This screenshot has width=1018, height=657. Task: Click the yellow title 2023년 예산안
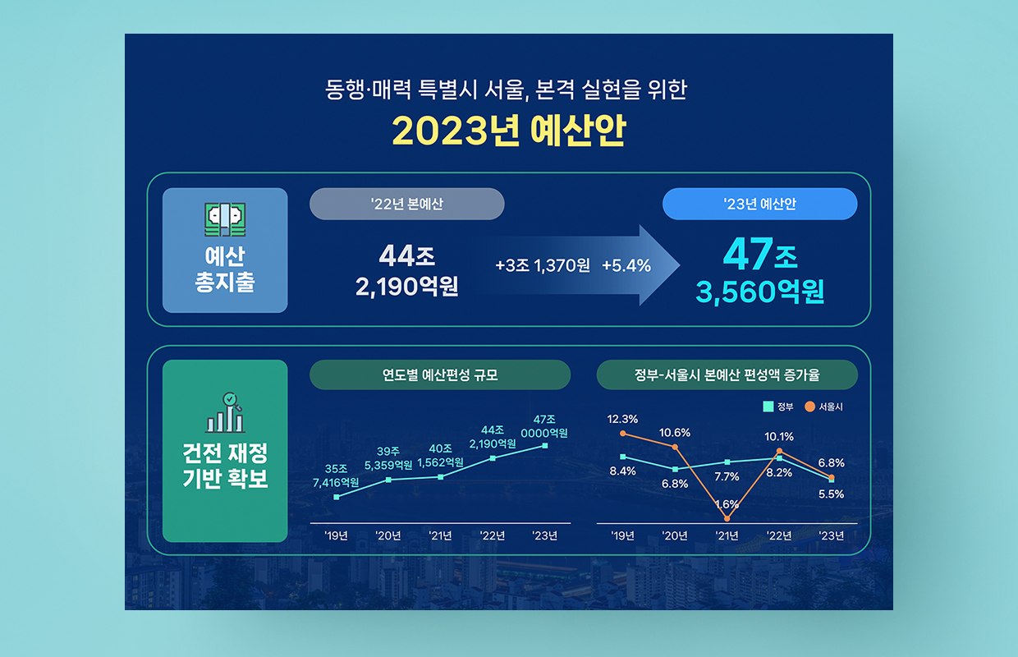pyautogui.click(x=509, y=131)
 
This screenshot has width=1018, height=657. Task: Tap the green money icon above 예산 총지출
pyautogui.click(x=225, y=219)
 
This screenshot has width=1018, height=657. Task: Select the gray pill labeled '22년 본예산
pyautogui.click(x=406, y=204)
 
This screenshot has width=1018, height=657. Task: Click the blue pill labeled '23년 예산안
pyautogui.click(x=760, y=204)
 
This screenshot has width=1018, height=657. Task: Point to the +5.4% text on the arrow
pyautogui.click(x=626, y=265)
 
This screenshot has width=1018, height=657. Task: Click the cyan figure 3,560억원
pyautogui.click(x=760, y=292)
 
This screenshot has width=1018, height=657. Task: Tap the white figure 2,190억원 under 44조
pyautogui.click(x=406, y=287)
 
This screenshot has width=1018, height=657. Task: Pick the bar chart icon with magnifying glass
pyautogui.click(x=225, y=412)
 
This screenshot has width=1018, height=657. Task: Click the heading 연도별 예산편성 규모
pyautogui.click(x=440, y=375)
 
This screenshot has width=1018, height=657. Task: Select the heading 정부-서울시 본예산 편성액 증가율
pyautogui.click(x=727, y=375)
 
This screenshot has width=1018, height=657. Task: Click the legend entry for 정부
pyautogui.click(x=778, y=407)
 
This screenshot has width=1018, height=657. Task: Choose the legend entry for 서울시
pyautogui.click(x=824, y=407)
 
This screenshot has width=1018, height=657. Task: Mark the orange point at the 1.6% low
pyautogui.click(x=727, y=518)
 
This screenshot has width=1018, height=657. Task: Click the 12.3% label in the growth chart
pyautogui.click(x=622, y=419)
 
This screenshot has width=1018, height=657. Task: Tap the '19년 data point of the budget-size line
pyautogui.click(x=337, y=497)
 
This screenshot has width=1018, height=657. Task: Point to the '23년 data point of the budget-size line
pyautogui.click(x=545, y=446)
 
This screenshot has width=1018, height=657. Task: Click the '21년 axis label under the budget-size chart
pyautogui.click(x=440, y=535)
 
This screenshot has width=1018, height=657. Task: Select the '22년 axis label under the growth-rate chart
pyautogui.click(x=779, y=535)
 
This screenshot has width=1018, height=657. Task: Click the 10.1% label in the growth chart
pyautogui.click(x=779, y=437)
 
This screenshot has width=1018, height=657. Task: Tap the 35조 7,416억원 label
pyautogui.click(x=336, y=476)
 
